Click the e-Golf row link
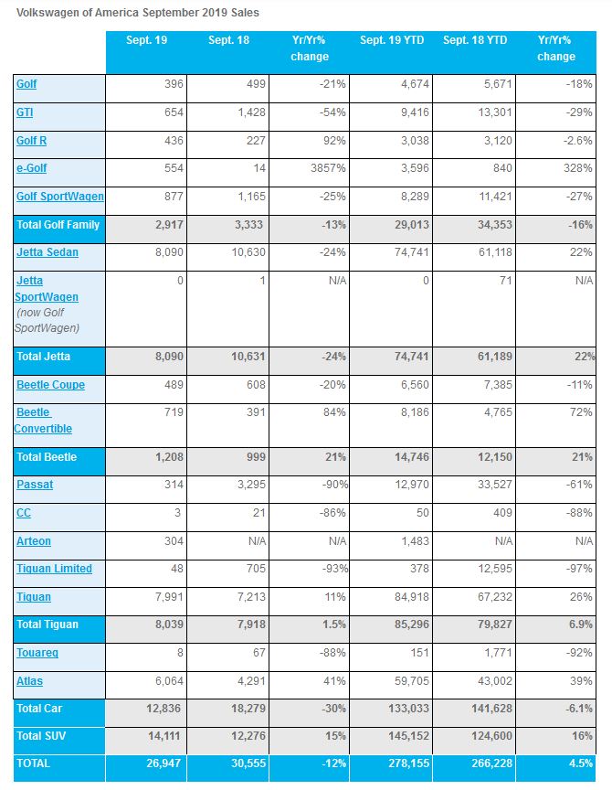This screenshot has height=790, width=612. click(31, 168)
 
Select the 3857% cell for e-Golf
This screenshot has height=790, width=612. click(328, 168)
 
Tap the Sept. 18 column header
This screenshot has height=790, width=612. click(228, 40)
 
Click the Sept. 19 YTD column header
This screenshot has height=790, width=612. click(392, 40)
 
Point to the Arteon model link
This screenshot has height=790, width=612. click(33, 541)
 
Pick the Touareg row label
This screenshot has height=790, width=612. click(37, 653)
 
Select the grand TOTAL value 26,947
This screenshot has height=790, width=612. click(164, 763)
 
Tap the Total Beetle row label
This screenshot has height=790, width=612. click(47, 457)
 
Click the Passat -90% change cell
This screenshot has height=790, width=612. click(334, 485)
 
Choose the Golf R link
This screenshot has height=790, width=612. click(31, 141)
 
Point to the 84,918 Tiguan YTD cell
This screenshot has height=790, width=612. click(412, 597)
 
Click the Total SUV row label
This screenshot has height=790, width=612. click(41, 736)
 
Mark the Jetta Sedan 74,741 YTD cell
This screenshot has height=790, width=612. click(412, 252)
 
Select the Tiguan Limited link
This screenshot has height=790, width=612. click(54, 569)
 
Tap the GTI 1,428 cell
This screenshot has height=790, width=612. click(251, 112)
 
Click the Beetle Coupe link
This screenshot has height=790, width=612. click(50, 385)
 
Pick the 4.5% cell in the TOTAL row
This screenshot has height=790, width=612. click(580, 763)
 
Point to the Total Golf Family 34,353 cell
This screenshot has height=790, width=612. click(495, 225)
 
